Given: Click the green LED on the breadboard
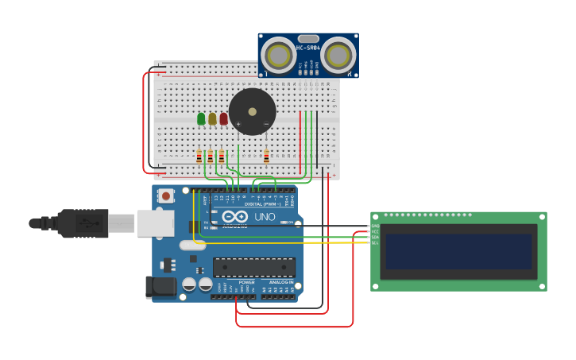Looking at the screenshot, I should pyautogui.click(x=201, y=118).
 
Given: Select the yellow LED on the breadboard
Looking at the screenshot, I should pyautogui.click(x=212, y=118).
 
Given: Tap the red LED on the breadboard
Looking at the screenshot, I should pyautogui.click(x=223, y=118).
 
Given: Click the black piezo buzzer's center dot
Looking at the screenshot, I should pyautogui.click(x=253, y=111).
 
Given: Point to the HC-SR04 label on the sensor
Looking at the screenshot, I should pyautogui.click(x=308, y=48).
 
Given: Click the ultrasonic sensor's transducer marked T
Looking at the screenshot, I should pyautogui.click(x=279, y=55).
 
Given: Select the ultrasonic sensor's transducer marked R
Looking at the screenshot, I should pyautogui.click(x=338, y=55).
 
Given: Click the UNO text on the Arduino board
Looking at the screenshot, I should pyautogui.click(x=265, y=217).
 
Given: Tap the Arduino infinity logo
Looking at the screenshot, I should pyautogui.click(x=235, y=216).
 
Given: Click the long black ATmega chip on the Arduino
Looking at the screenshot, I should pyautogui.click(x=254, y=267).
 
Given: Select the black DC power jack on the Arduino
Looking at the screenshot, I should pyautogui.click(x=161, y=287).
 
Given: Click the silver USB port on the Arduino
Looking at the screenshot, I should pyautogui.click(x=155, y=223).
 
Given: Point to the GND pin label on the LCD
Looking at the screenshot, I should pyautogui.click(x=375, y=226).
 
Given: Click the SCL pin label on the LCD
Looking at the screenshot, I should pyautogui.click(x=375, y=242).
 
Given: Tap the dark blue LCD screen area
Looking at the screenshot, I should pyautogui.click(x=458, y=251).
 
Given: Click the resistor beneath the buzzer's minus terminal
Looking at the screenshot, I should pyautogui.click(x=266, y=157).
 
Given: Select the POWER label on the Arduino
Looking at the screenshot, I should pyautogui.click(x=247, y=282).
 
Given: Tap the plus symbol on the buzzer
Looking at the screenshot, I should pyautogui.click(x=238, y=124).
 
